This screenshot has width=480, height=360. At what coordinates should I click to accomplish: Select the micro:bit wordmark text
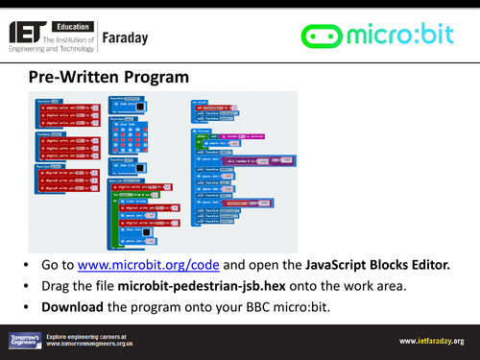[403, 36]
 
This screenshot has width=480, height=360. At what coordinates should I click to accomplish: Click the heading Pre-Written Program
[102, 76]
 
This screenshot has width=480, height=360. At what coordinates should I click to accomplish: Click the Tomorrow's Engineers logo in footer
[30, 341]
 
